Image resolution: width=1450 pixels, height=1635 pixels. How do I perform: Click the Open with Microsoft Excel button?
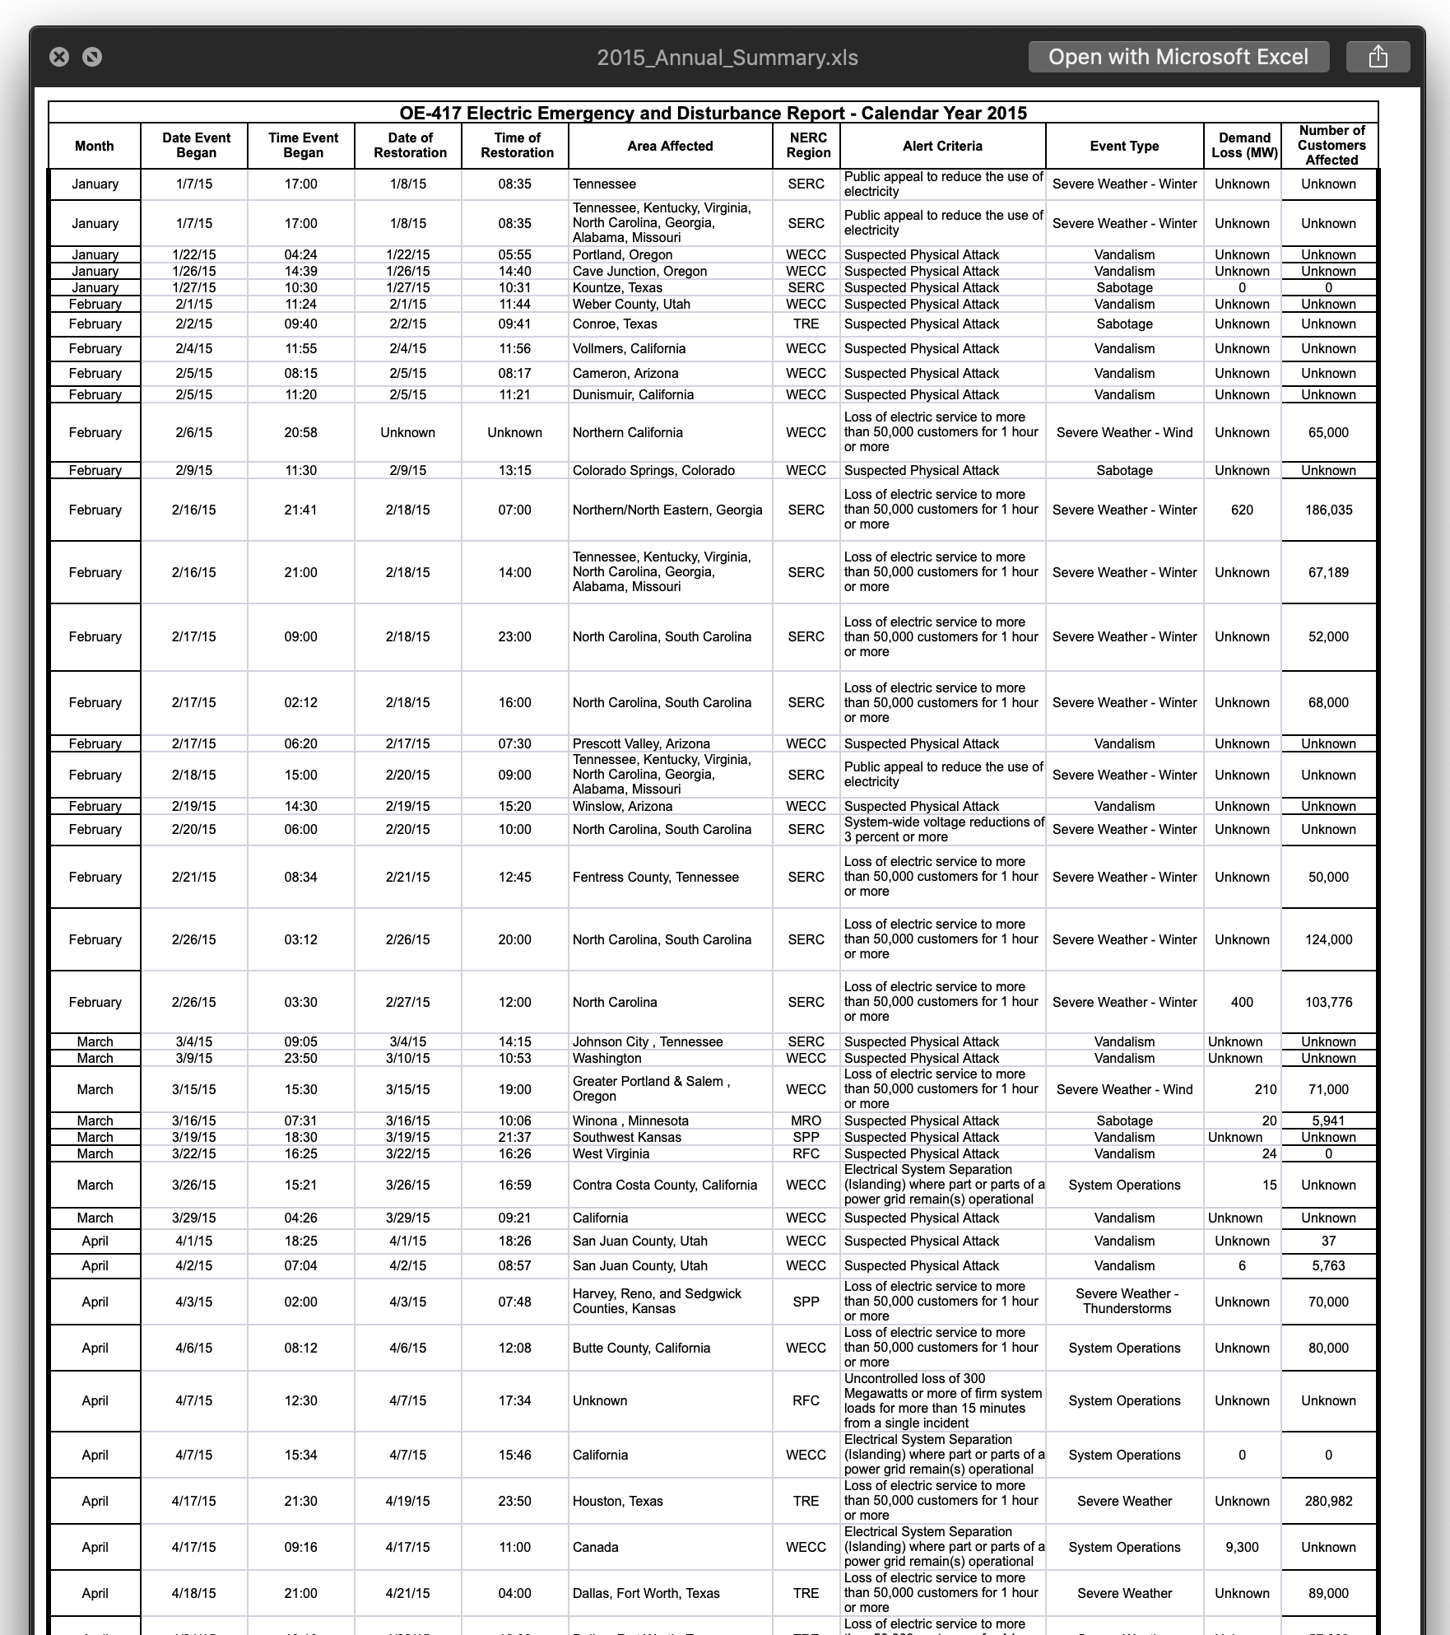pyautogui.click(x=1178, y=57)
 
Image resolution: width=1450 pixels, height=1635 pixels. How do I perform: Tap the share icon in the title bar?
pyautogui.click(x=1378, y=57)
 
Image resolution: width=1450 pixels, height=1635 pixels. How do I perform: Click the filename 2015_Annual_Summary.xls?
pyautogui.click(x=727, y=58)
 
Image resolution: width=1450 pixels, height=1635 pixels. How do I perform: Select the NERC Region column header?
pyautogui.click(x=807, y=146)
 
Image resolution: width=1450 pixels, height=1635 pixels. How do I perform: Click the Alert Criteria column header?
pyautogui.click(x=942, y=146)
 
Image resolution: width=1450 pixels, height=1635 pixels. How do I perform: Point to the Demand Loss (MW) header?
pyautogui.click(x=1243, y=146)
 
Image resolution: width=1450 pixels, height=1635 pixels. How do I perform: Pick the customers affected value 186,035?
pyautogui.click(x=1328, y=510)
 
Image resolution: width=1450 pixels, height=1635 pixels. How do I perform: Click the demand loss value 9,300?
pyautogui.click(x=1242, y=1548)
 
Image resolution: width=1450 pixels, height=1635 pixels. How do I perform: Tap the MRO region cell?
pyautogui.click(x=806, y=1121)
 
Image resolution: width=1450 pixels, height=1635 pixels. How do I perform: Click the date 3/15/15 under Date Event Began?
pyautogui.click(x=194, y=1090)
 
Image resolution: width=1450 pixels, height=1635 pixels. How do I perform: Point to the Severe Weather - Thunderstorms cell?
pyautogui.click(x=1125, y=1302)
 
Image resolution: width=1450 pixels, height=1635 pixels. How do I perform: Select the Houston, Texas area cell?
pyautogui.click(x=617, y=1502)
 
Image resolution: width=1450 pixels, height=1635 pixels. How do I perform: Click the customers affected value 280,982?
pyautogui.click(x=1328, y=1502)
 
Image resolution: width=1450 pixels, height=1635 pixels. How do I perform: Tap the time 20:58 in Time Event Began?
pyautogui.click(x=301, y=433)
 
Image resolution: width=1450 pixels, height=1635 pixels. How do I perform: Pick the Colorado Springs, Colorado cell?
pyautogui.click(x=653, y=471)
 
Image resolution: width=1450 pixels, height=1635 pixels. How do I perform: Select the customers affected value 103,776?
pyautogui.click(x=1328, y=1003)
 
